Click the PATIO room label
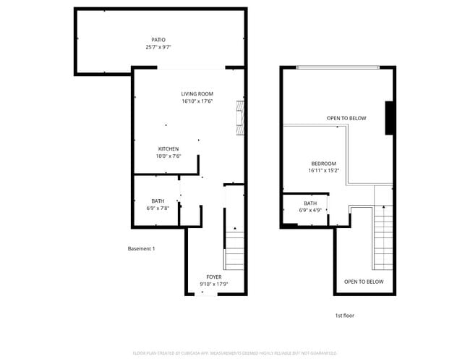tap(158, 40)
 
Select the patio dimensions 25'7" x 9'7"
tap(158, 47)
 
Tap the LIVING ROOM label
tap(197, 93)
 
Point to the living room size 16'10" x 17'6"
tap(197, 101)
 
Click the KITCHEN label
tap(168, 148)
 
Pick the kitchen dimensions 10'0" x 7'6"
tap(168, 156)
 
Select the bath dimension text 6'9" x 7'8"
tap(158, 209)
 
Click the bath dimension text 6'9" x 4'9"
tap(310, 211)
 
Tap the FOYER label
tap(214, 277)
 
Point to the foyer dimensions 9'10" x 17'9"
tap(214, 284)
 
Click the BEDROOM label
tap(323, 163)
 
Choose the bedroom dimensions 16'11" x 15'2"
tap(323, 171)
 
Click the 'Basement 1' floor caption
tap(141, 249)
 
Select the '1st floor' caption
tap(344, 316)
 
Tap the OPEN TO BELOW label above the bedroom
tap(346, 118)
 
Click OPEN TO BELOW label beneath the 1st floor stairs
tap(363, 282)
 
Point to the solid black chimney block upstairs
tap(389, 117)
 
